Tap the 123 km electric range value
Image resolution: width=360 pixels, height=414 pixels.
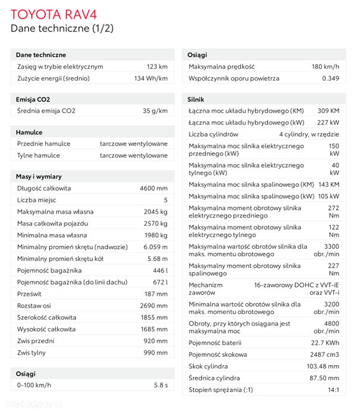[157, 67]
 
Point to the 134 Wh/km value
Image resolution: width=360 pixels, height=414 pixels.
[151, 79]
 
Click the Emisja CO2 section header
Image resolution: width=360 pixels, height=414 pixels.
[33, 99]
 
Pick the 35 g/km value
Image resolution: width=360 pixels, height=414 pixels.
[155, 111]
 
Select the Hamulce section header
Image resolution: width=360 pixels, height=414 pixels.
[29, 132]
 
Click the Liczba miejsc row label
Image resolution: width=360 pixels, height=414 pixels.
[39, 200]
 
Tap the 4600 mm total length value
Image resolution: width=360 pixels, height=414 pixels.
[154, 188]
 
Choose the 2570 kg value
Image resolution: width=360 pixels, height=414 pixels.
[156, 223]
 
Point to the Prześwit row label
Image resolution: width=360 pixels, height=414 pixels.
[29, 293]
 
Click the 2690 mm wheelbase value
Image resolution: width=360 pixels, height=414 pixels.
[154, 305]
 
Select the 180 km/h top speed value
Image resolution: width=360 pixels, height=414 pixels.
[325, 67]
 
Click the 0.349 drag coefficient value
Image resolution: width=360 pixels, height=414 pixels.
[330, 79]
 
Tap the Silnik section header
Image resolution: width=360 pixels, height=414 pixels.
[196, 99]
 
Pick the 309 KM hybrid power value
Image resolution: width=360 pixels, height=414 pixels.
[328, 111]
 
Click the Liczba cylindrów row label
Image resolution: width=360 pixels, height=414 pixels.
[214, 134]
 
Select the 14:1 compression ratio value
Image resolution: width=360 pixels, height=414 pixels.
[333, 390]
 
